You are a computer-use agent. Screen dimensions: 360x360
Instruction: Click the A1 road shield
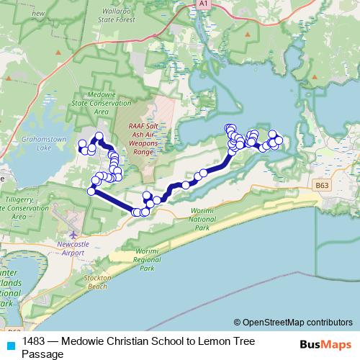point(203,4)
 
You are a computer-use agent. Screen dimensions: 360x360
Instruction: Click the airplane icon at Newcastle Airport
point(73,234)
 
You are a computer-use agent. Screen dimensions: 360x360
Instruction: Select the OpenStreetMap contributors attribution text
point(297,323)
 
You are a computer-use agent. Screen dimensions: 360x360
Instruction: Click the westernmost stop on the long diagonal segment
point(91,191)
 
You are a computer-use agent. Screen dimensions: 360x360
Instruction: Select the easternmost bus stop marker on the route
point(279,140)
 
